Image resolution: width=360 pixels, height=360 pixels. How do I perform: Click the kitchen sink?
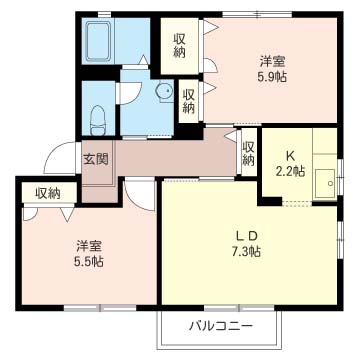[x=324, y=181]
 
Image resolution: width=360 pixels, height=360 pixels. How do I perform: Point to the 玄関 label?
[x=95, y=159]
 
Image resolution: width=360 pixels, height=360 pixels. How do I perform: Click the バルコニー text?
[x=219, y=325]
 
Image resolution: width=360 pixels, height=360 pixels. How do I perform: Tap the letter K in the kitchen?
[x=289, y=155]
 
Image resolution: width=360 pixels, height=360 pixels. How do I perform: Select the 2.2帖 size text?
[x=289, y=170]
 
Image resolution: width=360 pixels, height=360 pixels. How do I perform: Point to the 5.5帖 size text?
[x=88, y=261]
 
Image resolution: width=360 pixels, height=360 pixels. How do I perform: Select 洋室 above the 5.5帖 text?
[x=88, y=245]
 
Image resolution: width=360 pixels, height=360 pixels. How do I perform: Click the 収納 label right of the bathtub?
[x=179, y=45]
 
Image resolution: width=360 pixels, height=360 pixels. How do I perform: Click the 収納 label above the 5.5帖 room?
[x=47, y=192]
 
